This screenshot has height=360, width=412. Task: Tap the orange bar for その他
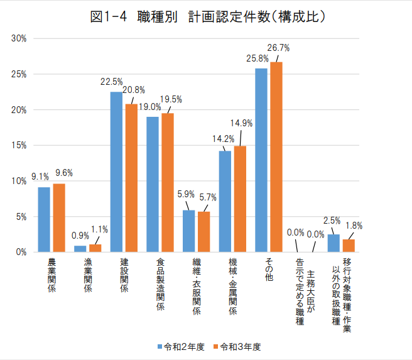pos(276,156)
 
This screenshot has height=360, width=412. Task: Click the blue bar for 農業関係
pos(44,219)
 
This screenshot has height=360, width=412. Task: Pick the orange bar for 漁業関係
pos(95,248)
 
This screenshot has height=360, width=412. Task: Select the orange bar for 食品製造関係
pos(168,182)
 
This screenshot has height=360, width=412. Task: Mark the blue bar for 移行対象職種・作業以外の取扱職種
pos(333,243)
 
